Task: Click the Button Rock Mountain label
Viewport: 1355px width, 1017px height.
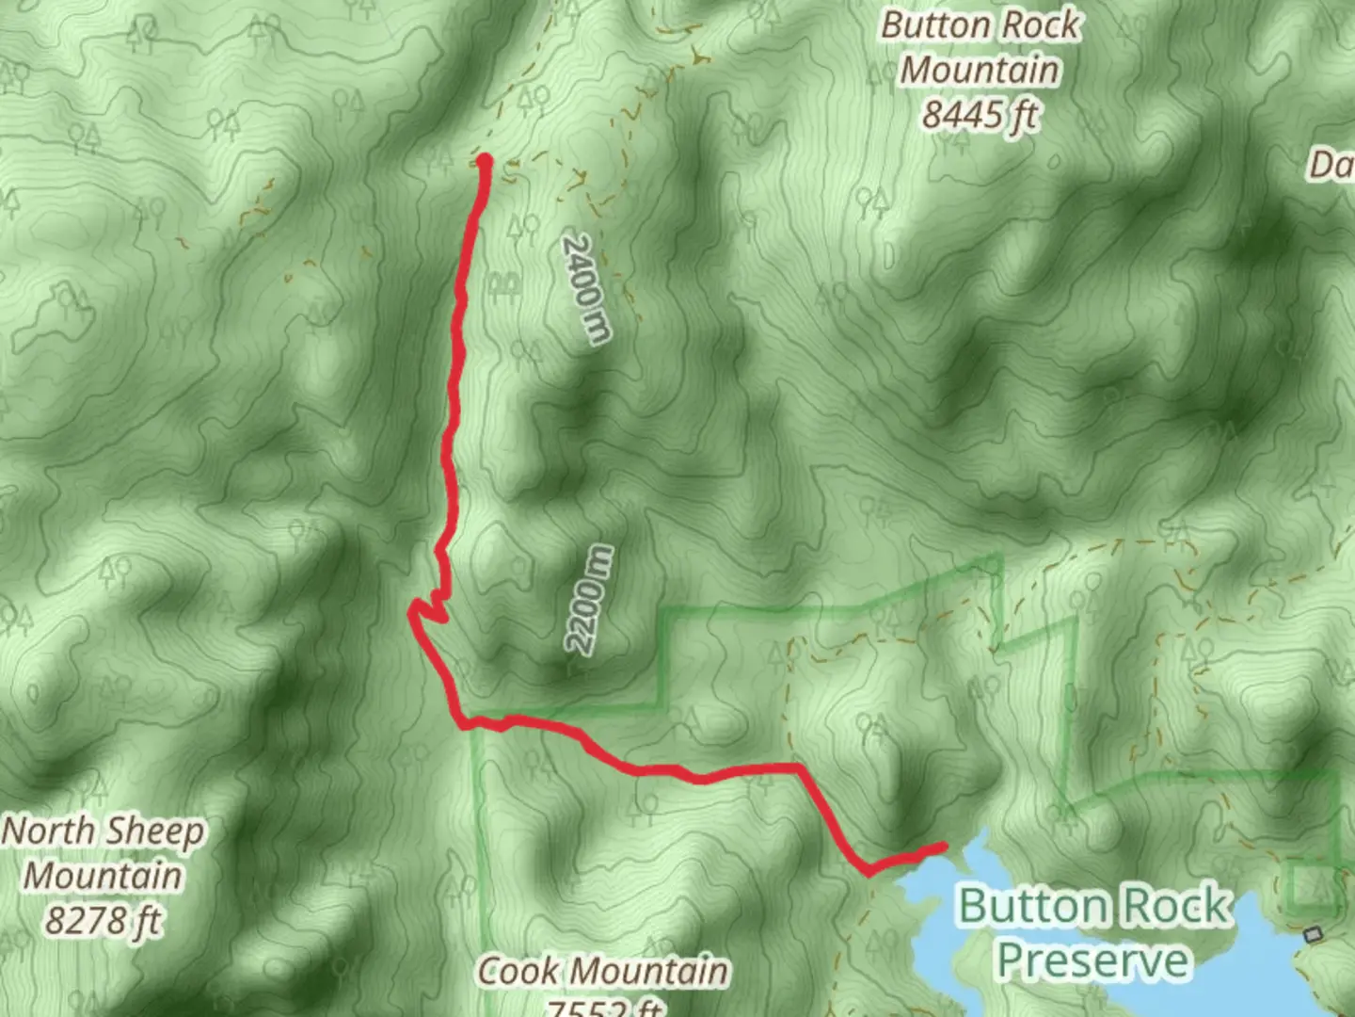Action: click(x=980, y=48)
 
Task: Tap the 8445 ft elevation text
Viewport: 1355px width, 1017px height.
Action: click(x=980, y=115)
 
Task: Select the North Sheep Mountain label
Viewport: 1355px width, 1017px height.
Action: click(x=103, y=853)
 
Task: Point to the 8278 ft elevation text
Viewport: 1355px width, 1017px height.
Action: click(x=103, y=919)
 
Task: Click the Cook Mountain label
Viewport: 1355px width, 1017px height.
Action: click(x=602, y=971)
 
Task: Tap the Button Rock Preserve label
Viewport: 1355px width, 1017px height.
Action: click(x=1093, y=932)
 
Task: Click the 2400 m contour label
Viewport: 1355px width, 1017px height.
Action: click(x=586, y=290)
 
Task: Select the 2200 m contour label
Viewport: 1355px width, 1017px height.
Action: click(x=589, y=600)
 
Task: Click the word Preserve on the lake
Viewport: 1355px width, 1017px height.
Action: click(x=1092, y=960)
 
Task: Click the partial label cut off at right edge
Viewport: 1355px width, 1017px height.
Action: click(x=1331, y=166)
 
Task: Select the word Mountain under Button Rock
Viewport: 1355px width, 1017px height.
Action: click(x=980, y=71)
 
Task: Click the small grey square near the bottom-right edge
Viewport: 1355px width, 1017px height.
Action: click(x=1314, y=934)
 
